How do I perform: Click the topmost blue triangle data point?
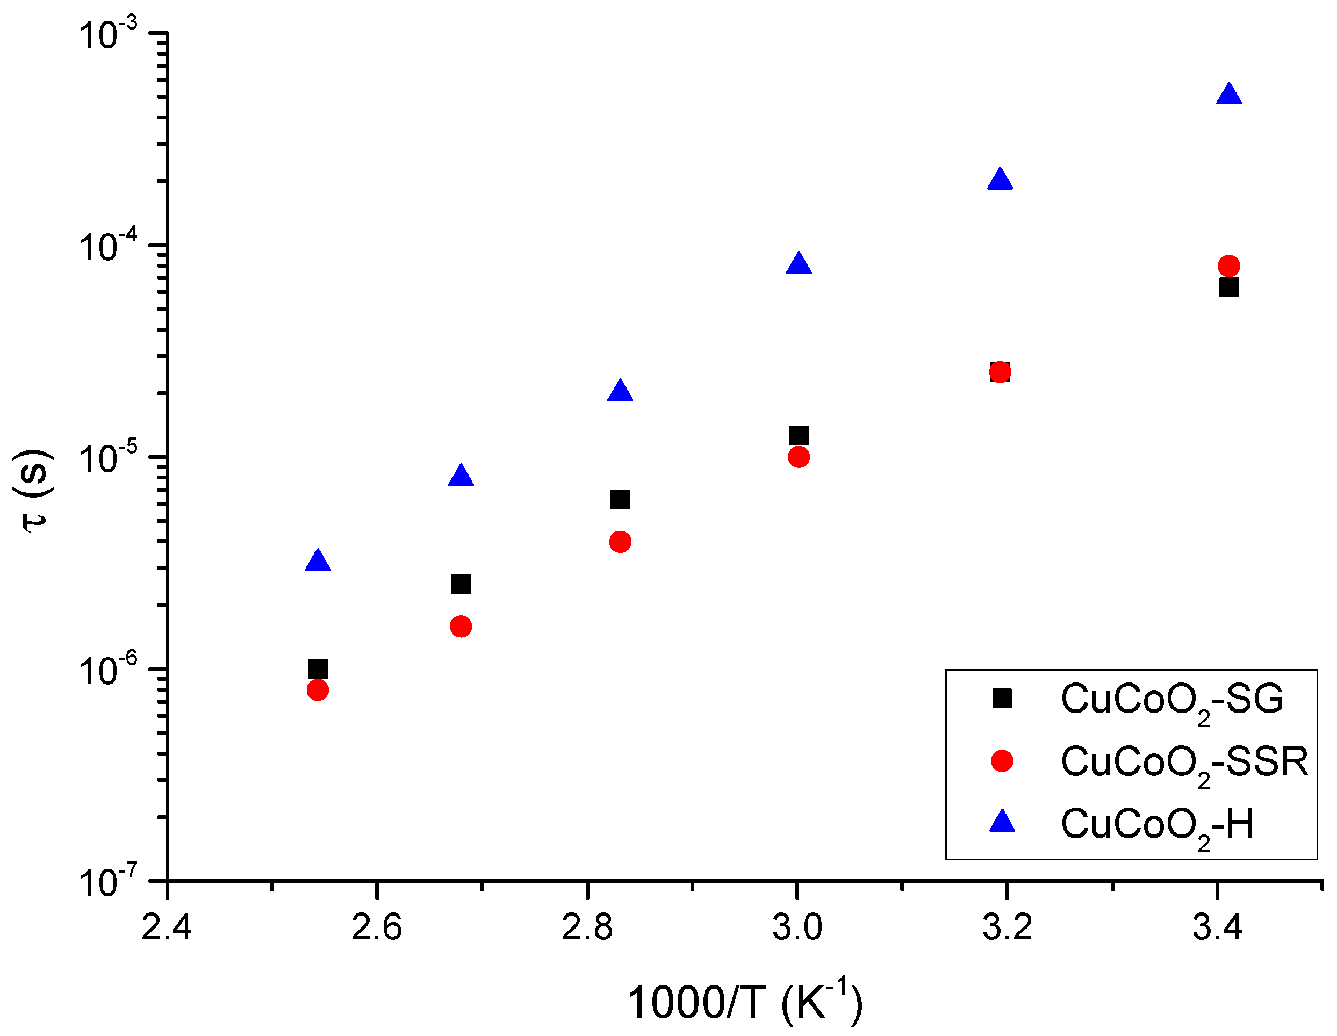pos(1228,96)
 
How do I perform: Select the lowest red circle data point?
pos(317,690)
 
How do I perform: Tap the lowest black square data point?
pos(317,668)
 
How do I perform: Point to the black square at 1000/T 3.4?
pos(1228,287)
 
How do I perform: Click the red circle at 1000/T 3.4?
pos(1228,266)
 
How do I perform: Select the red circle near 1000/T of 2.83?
pos(620,541)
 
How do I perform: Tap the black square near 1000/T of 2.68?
pos(461,584)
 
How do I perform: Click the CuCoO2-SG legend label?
pos(1171,700)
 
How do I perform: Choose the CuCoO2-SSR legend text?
pos(1184,763)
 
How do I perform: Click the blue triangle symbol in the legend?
pos(1002,822)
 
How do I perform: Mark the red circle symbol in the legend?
pos(1002,760)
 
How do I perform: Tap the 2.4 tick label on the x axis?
pos(167,927)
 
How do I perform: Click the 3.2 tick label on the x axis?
pos(1007,927)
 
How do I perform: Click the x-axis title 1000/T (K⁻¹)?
pos(744,1002)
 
